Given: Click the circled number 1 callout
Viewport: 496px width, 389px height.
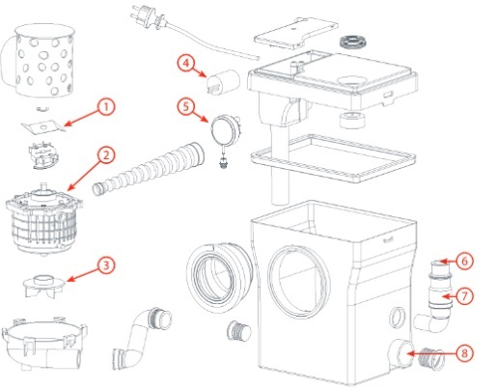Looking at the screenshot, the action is click(x=106, y=107).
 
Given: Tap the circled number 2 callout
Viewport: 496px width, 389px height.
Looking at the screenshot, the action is click(x=106, y=155).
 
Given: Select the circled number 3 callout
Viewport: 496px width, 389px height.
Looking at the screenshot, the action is click(x=106, y=265).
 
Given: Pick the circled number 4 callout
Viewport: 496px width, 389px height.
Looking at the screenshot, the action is click(x=186, y=63).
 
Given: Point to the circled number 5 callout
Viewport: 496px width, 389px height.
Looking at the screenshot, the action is click(x=186, y=106).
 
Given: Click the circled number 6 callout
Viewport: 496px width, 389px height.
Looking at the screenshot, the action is click(x=464, y=262).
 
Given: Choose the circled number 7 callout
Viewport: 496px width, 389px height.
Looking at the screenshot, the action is click(x=464, y=296).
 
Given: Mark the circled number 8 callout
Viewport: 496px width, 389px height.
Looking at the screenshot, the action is click(x=464, y=353).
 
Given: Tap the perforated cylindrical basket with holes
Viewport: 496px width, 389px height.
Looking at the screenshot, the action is click(x=41, y=60).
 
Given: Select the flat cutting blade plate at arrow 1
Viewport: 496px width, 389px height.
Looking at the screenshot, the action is click(x=43, y=126).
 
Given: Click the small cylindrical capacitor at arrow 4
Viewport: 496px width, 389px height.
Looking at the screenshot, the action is click(x=223, y=81).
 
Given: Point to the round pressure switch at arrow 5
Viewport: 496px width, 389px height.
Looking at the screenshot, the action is click(x=225, y=130).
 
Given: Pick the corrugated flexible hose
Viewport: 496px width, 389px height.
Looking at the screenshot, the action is click(x=149, y=169).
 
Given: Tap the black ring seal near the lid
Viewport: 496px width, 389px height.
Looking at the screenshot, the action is click(x=353, y=42).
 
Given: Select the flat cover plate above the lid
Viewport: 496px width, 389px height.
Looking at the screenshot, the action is click(x=296, y=34).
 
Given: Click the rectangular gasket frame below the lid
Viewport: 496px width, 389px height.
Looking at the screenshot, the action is click(x=333, y=158).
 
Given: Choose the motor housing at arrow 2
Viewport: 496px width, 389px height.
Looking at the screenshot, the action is click(x=43, y=219).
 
